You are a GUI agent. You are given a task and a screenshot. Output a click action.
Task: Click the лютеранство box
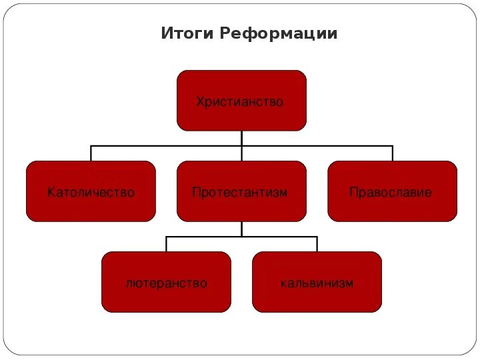point(166,297)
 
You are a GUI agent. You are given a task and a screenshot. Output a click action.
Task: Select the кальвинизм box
point(317,297)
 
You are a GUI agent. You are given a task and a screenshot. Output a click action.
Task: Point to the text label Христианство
point(240,102)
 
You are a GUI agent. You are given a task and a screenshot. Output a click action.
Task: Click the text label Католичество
point(91,193)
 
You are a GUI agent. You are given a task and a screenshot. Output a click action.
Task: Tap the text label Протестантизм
point(240,193)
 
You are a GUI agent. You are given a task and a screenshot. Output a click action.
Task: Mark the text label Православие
point(391,193)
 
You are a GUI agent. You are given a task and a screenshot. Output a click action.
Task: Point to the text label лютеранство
point(166,283)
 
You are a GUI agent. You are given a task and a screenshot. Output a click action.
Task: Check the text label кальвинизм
point(317,283)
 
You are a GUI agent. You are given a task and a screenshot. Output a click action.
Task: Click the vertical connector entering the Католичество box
point(91,153)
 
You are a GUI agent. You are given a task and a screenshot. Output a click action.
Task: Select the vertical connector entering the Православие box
point(392,153)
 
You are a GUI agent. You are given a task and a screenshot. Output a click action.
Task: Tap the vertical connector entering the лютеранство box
point(166,244)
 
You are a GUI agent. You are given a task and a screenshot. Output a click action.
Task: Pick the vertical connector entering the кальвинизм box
point(317,244)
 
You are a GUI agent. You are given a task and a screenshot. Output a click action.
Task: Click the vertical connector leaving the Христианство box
point(241,138)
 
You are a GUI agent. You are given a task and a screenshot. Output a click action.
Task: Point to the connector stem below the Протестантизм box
point(241,229)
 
